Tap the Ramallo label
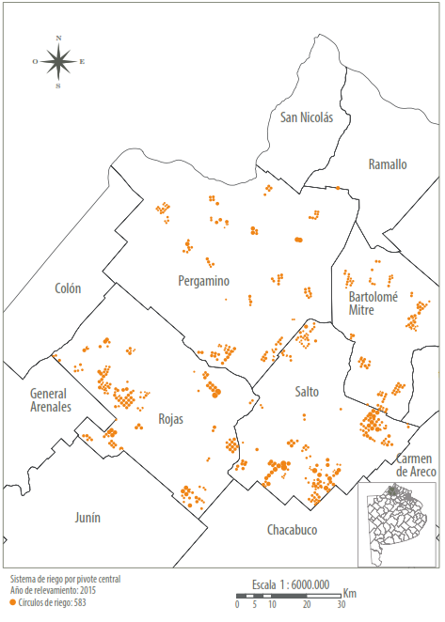pyautogui.click(x=388, y=164)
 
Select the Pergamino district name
pyautogui.click(x=204, y=281)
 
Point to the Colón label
pyautogui.click(x=69, y=288)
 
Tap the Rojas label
pyautogui.click(x=170, y=418)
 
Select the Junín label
pyautogui.click(x=87, y=518)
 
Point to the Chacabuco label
pyautogui.click(x=292, y=530)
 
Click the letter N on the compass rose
pyautogui.click(x=58, y=39)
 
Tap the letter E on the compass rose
pyautogui.click(x=82, y=62)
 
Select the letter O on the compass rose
pyautogui.click(x=35, y=62)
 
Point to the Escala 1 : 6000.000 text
pyautogui.click(x=290, y=583)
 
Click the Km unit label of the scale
pyautogui.click(x=349, y=594)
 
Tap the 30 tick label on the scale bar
pyautogui.click(x=342, y=606)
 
